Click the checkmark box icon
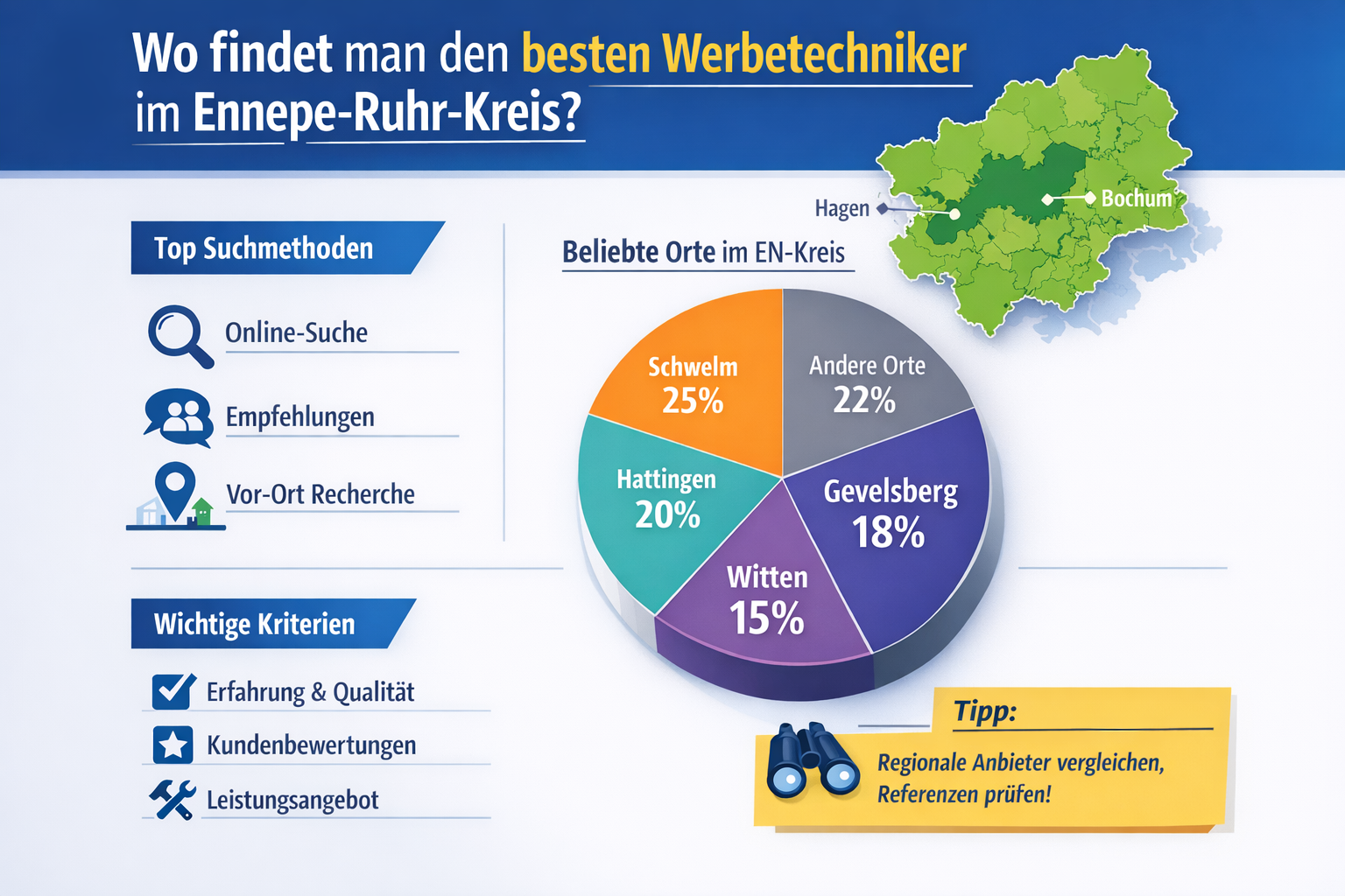pos(173,691)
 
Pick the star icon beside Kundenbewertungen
pos(173,745)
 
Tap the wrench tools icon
pos(173,800)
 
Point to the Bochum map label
pos(1136,199)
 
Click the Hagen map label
pos(842,208)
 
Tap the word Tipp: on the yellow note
pos(985,710)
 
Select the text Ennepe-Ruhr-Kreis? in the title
pos(386,114)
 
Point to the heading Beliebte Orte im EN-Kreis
pos(703,252)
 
